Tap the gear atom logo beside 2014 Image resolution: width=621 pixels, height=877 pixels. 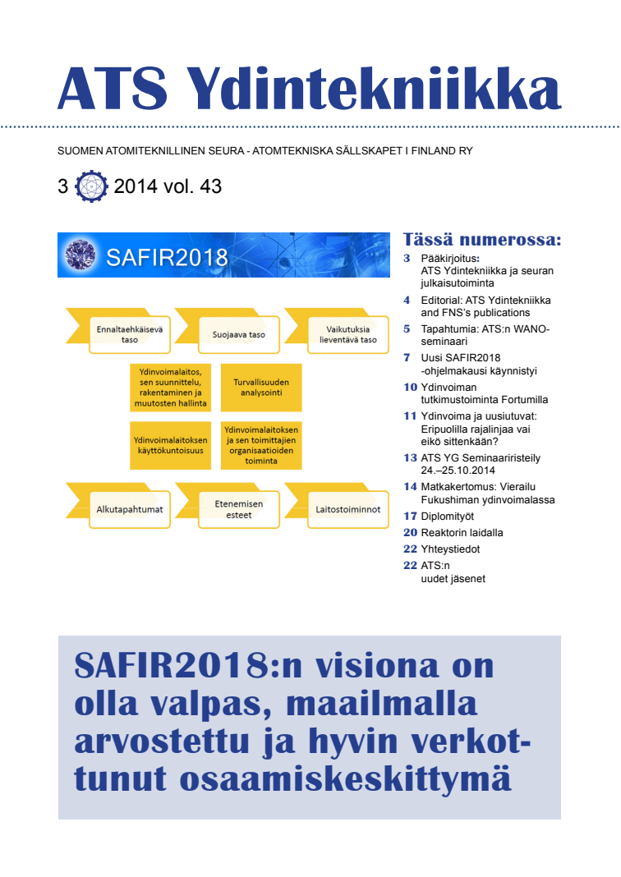click(x=90, y=186)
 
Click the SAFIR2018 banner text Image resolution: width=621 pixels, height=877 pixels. click(x=168, y=257)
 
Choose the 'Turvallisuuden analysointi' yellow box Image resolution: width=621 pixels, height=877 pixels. click(x=261, y=388)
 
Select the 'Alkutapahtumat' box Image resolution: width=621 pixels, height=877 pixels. click(x=130, y=509)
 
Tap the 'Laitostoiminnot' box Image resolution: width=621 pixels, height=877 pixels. click(x=347, y=509)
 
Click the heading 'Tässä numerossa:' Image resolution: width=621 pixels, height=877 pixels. click(x=482, y=240)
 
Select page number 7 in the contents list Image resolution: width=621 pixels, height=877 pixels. click(x=407, y=357)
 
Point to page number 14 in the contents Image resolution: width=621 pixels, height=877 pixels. click(x=410, y=486)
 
